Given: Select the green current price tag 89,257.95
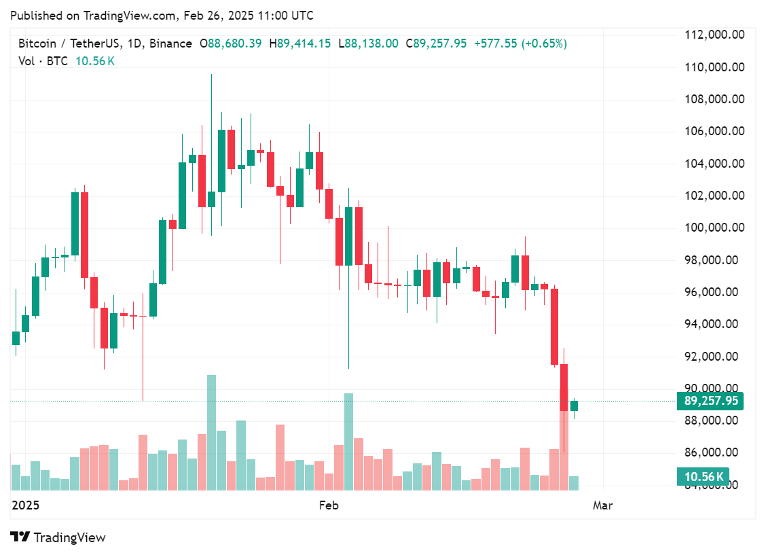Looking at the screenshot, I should click(x=710, y=401).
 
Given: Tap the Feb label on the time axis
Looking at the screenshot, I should click(x=329, y=505).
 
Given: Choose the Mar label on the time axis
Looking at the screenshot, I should click(x=602, y=505).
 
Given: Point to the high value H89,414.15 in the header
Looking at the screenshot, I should click(x=300, y=43).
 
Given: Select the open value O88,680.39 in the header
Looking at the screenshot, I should click(x=230, y=43).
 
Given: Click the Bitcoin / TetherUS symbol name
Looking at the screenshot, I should click(x=69, y=43).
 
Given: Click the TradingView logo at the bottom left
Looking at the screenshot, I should click(x=58, y=537).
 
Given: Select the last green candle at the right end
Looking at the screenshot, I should click(x=574, y=406).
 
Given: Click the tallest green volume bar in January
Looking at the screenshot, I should click(x=211, y=432).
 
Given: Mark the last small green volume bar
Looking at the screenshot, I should click(x=574, y=483).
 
